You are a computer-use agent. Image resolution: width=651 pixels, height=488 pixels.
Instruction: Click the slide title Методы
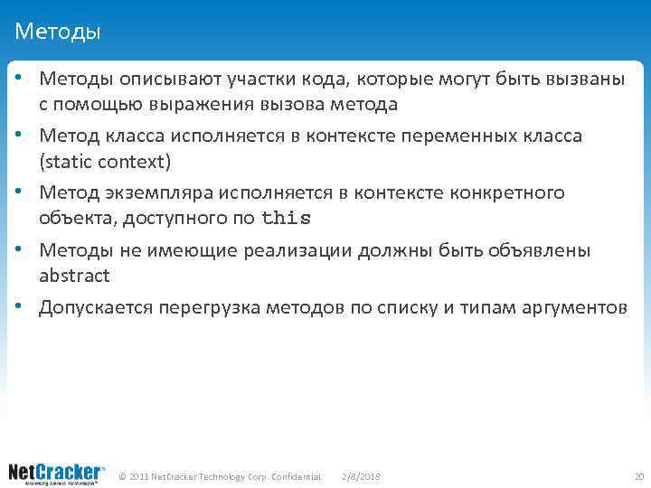[x=58, y=33]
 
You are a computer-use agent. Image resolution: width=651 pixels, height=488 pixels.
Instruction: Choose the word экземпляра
[x=149, y=192]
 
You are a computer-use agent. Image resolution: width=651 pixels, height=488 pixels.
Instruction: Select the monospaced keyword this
[x=285, y=218]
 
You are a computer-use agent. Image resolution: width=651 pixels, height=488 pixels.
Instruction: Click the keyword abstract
[x=74, y=275]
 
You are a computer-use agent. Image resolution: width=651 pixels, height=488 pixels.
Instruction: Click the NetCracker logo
[x=56, y=474]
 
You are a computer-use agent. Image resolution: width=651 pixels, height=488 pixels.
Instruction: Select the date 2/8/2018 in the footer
[x=362, y=475]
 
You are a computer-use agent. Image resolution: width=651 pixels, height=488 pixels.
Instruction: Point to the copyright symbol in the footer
[x=123, y=475]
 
